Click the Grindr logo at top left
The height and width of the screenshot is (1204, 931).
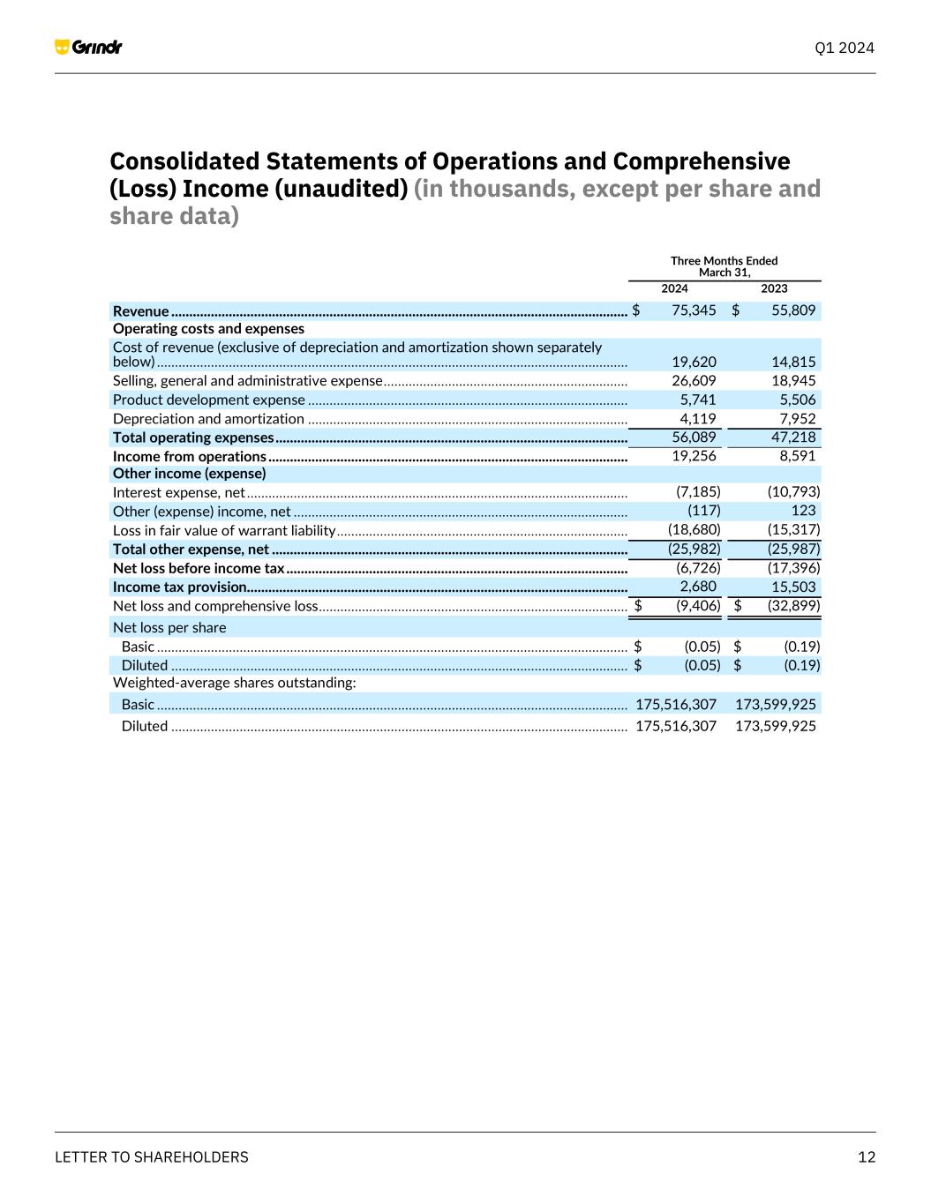(88, 47)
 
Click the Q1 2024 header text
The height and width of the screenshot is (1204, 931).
(845, 48)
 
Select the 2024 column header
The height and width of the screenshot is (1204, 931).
(674, 288)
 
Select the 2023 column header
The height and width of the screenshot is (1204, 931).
(774, 288)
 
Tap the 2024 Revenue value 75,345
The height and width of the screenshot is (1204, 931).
(694, 310)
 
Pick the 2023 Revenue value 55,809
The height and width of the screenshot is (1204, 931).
(793, 310)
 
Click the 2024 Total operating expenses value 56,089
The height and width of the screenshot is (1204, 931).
(694, 437)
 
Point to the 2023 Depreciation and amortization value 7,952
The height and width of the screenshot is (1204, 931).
(797, 419)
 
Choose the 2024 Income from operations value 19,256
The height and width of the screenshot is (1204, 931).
(694, 456)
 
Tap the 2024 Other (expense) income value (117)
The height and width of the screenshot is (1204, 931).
(703, 511)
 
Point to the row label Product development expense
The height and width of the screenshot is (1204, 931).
(208, 400)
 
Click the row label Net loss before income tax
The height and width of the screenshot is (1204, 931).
(199, 568)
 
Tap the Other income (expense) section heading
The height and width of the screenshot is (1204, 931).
(189, 474)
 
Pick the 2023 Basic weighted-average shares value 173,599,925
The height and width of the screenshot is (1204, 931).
(775, 704)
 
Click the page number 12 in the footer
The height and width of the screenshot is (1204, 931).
(867, 1157)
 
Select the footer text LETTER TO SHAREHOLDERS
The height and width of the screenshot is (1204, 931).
(152, 1157)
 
